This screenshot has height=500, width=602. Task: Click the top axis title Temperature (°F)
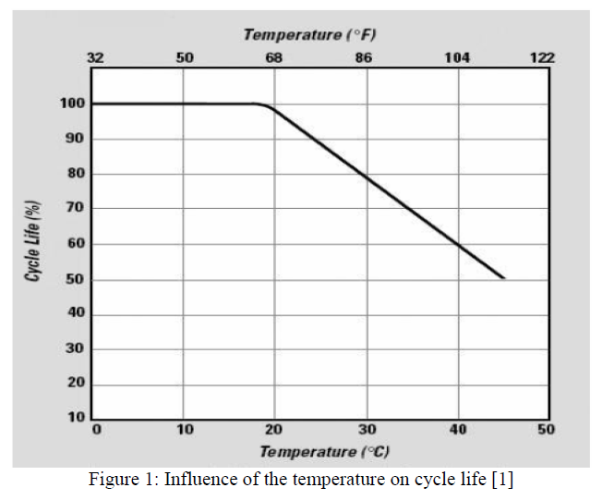pos(310,34)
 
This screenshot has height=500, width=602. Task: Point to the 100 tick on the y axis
pos(74,104)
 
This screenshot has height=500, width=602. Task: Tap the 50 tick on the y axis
pos(77,279)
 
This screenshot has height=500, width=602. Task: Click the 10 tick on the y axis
pos(77,419)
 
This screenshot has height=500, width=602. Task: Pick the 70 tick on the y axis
pos(77,209)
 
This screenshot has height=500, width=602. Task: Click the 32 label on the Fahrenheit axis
pos(95,57)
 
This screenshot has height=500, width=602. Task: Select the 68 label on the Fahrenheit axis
pos(274,57)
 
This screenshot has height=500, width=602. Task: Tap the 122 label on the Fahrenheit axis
pos(542,57)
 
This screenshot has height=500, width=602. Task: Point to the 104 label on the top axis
pos(457,57)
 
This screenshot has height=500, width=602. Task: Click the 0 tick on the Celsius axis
pos(96,430)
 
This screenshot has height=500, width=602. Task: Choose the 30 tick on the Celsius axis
pos(367,430)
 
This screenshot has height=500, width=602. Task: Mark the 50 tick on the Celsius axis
pos(545,430)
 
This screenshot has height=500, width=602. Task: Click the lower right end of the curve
pos(503,277)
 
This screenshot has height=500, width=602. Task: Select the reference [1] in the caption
pos(503,479)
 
